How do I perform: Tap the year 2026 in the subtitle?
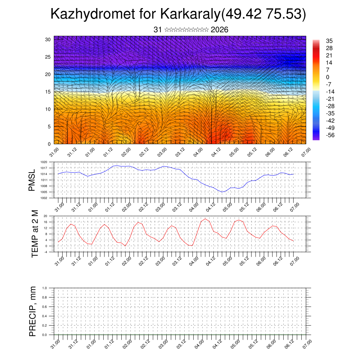(219, 30)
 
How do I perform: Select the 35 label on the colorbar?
(329, 40)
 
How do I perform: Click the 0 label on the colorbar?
(328, 77)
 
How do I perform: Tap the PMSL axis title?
(32, 180)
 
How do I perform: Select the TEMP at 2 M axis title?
(34, 233)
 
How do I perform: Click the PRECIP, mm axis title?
(33, 311)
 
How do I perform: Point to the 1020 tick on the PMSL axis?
(44, 162)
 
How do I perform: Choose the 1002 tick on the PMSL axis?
(44, 198)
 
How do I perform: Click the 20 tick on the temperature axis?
(45, 216)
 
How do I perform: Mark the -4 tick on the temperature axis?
(45, 252)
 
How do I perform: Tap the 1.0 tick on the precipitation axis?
(45, 288)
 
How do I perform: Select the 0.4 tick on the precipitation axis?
(45, 316)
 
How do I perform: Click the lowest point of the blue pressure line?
(222, 192)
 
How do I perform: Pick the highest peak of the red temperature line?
(205, 219)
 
